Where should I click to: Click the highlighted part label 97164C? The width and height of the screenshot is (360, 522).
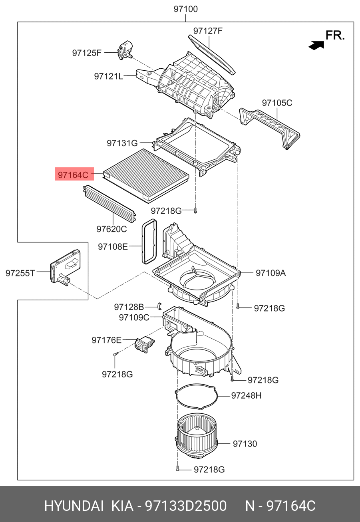click(73, 175)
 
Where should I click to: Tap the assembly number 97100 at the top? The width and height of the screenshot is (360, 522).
click(185, 9)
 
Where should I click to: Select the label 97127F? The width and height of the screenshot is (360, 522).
click(208, 31)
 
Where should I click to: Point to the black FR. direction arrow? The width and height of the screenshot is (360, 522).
click(316, 46)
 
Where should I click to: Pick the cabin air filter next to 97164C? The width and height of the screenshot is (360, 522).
click(146, 175)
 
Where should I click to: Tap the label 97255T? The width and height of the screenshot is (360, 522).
click(20, 273)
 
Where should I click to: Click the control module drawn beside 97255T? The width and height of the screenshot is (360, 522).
click(65, 267)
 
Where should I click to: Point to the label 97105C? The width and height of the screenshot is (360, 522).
click(277, 103)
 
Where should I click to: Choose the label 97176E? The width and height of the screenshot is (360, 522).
click(106, 340)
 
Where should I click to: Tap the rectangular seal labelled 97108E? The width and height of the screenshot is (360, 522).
click(149, 242)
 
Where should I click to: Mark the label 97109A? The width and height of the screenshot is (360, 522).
click(270, 273)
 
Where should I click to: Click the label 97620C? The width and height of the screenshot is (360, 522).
click(111, 229)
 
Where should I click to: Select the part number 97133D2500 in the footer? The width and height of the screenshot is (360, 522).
click(185, 506)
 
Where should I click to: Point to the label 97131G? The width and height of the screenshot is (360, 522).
click(122, 143)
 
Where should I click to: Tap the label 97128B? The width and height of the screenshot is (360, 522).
click(129, 307)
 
